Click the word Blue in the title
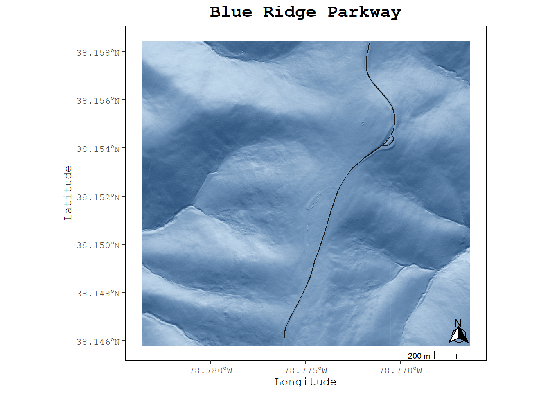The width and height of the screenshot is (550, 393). [x=231, y=12]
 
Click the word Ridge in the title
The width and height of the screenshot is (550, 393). [x=289, y=12]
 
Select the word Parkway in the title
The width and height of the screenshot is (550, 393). [x=364, y=12]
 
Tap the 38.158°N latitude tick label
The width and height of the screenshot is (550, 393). [x=98, y=53]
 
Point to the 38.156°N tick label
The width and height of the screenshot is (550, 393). [x=98, y=101]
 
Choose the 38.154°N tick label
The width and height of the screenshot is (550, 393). [x=98, y=149]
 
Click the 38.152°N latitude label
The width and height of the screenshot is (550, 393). [x=98, y=197]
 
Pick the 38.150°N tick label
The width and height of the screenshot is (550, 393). [x=98, y=245]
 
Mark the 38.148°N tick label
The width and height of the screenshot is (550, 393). [x=98, y=294]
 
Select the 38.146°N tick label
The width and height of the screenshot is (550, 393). [x=98, y=342]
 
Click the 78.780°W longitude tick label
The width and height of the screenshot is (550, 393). [x=210, y=371]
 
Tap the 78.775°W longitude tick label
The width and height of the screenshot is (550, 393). [x=305, y=371]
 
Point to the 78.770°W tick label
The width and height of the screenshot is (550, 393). [x=400, y=371]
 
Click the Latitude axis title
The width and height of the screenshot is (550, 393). [x=68, y=193]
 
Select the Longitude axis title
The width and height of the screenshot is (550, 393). [x=305, y=382]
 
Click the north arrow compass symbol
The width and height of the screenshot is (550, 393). [x=458, y=332]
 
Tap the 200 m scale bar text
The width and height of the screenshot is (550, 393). [x=419, y=356]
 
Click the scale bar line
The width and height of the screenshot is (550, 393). [x=456, y=359]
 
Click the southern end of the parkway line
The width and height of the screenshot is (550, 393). [x=284, y=341]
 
